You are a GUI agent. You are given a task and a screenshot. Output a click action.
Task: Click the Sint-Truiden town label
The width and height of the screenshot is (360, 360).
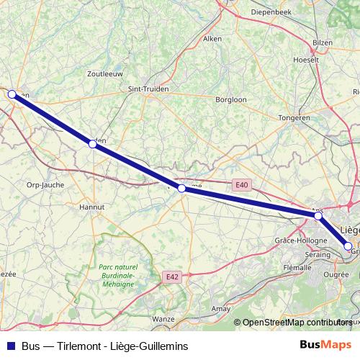pyautogui.click(x=148, y=90)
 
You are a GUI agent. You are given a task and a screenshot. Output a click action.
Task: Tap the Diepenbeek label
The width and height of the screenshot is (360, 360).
pyautogui.click(x=269, y=12)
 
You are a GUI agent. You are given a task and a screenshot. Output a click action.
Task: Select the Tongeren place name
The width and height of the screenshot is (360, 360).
pyautogui.click(x=294, y=117)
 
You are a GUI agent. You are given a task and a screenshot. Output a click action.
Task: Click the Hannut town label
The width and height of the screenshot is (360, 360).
pyautogui.click(x=91, y=207)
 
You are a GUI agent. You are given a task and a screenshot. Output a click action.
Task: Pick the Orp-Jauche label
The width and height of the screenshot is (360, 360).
pyautogui.click(x=45, y=185)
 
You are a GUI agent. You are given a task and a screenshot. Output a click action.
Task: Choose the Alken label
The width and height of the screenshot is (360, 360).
pyautogui.click(x=212, y=39)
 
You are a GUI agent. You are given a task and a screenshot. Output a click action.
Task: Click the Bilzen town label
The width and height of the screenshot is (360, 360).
pyautogui.click(x=323, y=43)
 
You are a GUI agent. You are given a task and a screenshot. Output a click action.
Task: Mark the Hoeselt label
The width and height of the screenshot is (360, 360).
pyautogui.click(x=306, y=60)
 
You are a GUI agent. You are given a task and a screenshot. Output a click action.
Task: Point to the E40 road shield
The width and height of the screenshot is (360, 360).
pyautogui.click(x=241, y=185)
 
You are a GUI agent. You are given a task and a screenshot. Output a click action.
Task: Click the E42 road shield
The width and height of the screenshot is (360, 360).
pyautogui.click(x=171, y=276)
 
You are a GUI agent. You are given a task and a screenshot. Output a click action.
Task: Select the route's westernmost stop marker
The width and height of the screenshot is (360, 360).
pyautogui.click(x=12, y=94)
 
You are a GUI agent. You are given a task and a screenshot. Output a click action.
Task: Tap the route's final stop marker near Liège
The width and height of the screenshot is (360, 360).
pyautogui.click(x=348, y=246)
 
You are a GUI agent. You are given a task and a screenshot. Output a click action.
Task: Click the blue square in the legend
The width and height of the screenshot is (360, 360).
pyautogui.click(x=10, y=346)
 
